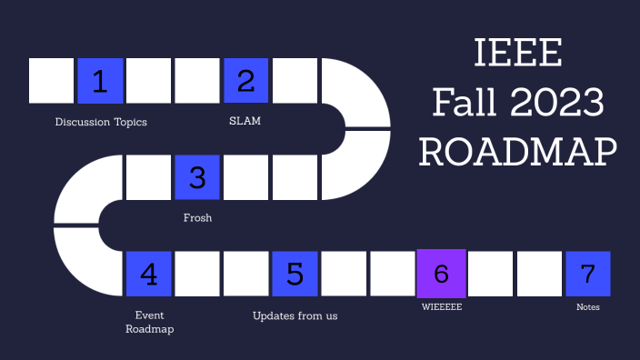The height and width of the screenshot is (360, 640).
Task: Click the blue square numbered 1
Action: [101, 81]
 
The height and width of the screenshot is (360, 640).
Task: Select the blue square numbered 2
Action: [246, 81]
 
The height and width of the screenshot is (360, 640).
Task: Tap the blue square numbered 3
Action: [197, 177]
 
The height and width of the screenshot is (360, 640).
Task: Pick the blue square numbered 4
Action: [149, 274]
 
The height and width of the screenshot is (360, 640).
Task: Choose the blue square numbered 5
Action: [295, 274]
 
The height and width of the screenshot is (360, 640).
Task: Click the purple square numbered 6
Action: [441, 273]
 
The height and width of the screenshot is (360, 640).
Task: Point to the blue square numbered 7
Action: [587, 274]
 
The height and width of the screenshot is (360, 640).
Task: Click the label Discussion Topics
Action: [101, 122]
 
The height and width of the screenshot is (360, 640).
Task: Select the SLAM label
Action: [245, 121]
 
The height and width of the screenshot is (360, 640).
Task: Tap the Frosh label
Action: [197, 218]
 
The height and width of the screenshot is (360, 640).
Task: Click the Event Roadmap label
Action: [149, 322]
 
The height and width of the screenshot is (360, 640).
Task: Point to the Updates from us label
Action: [295, 315]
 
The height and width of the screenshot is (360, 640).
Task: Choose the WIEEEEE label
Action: [442, 307]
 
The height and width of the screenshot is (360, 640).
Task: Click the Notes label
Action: [588, 307]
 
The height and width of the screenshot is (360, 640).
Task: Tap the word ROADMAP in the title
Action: [518, 151]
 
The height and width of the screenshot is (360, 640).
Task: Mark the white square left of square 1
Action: [52, 81]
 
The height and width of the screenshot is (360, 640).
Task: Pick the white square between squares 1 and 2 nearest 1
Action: [149, 81]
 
